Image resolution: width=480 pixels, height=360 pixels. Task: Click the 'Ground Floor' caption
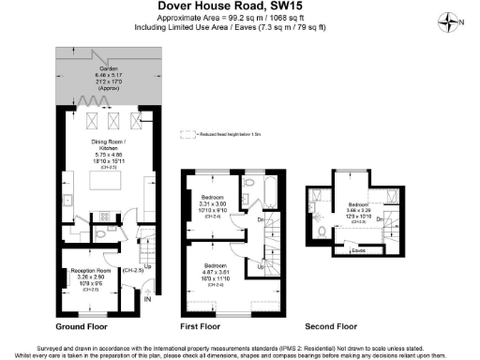coord(83,327)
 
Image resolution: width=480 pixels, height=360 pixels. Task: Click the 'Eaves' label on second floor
coord(358,250)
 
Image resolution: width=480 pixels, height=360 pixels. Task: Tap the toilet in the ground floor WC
coord(101,233)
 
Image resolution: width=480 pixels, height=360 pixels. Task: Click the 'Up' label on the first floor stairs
coord(261,265)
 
